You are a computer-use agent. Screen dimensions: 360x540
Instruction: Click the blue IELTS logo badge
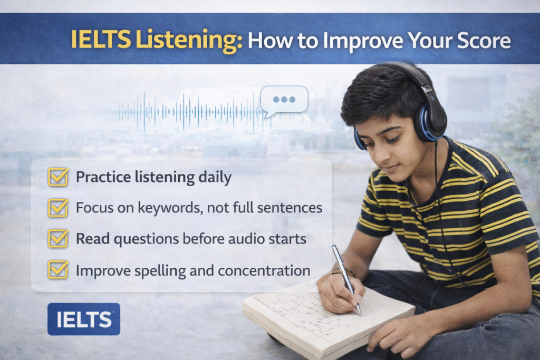84,319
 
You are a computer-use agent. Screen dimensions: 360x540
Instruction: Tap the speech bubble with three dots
284,100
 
